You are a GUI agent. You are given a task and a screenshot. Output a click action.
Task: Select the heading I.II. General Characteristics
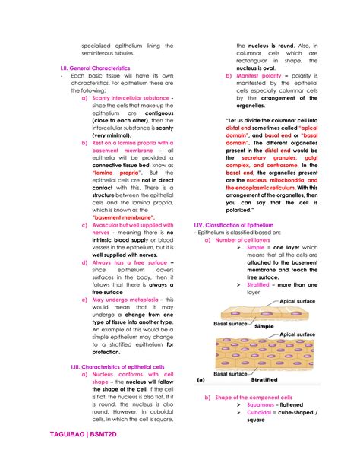pyautogui.click(x=95, y=68)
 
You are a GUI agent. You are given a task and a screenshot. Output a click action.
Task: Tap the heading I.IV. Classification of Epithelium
pyautogui.click(x=234, y=224)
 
